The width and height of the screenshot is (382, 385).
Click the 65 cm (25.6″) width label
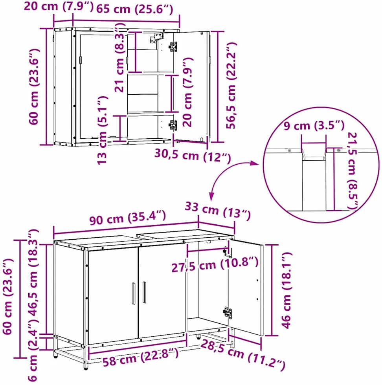(x=135, y=9)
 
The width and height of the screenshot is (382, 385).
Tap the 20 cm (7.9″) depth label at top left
(x=59, y=6)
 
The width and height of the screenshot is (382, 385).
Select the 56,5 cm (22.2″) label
(x=231, y=86)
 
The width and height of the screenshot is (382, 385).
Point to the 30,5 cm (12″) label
(x=193, y=156)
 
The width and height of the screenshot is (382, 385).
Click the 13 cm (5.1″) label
(x=102, y=130)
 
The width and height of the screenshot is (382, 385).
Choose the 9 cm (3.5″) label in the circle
(x=314, y=126)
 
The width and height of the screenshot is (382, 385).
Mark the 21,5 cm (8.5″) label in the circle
(x=353, y=171)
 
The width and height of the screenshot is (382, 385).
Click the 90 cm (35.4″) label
(x=127, y=217)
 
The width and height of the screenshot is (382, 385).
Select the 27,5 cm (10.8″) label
(x=215, y=265)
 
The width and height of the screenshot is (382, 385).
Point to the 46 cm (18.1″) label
(x=286, y=290)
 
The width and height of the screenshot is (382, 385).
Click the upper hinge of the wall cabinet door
(x=173, y=47)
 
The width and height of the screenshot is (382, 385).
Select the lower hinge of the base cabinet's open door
(x=227, y=312)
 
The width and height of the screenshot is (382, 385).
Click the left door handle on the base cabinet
(x=133, y=293)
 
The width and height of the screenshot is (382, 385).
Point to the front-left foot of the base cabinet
(x=86, y=366)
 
